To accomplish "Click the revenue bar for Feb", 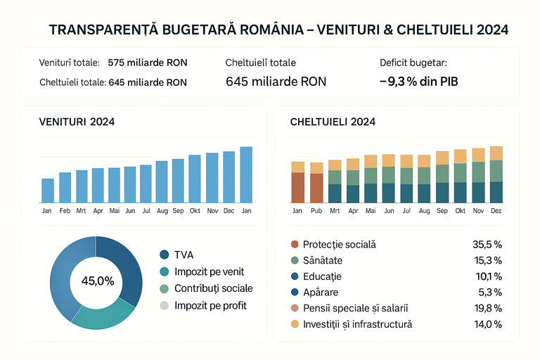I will point(65,188).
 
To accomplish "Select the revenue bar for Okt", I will point(195,179).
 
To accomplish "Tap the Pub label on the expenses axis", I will point(316,211).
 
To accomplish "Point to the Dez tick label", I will point(496,211).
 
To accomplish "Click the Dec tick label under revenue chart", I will point(229,211).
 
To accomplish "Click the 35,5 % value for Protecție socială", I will point(488,245).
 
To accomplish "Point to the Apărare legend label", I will point(321,292).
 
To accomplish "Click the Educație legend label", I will point(322,276).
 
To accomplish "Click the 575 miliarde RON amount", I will point(148,63).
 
